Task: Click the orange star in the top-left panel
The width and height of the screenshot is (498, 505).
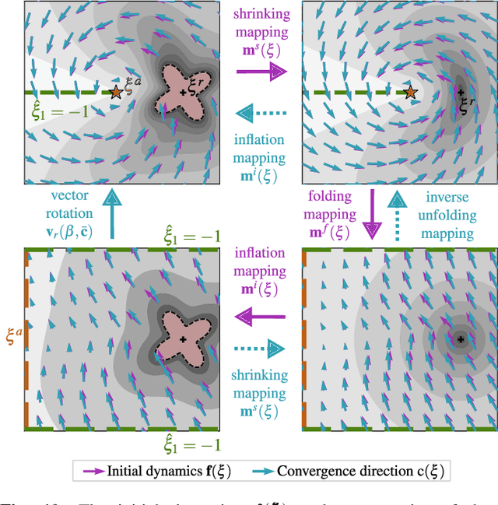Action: pos(116,92)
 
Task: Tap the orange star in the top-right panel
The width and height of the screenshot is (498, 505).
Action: pos(411,93)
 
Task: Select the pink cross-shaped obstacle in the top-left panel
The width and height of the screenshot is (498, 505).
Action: pos(183,91)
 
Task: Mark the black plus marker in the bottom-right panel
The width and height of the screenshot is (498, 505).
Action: pos(460,339)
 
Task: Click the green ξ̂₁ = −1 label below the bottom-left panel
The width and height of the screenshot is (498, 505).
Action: pos(191,445)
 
